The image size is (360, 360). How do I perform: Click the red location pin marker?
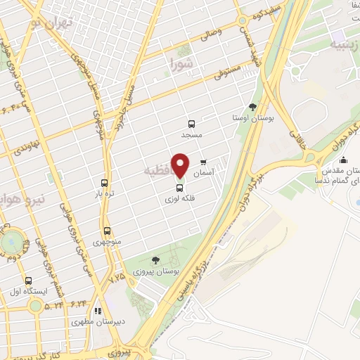pos(181,165)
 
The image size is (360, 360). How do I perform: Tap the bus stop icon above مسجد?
pos(191,123)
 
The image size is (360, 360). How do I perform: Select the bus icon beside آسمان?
pos(204,162)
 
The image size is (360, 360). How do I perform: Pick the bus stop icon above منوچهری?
pos(107,231)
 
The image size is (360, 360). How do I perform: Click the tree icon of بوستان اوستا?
pos(253,108)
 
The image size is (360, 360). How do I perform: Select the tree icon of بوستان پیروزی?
pos(155,260)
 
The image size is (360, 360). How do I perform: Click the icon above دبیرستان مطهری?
pos(98,310)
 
